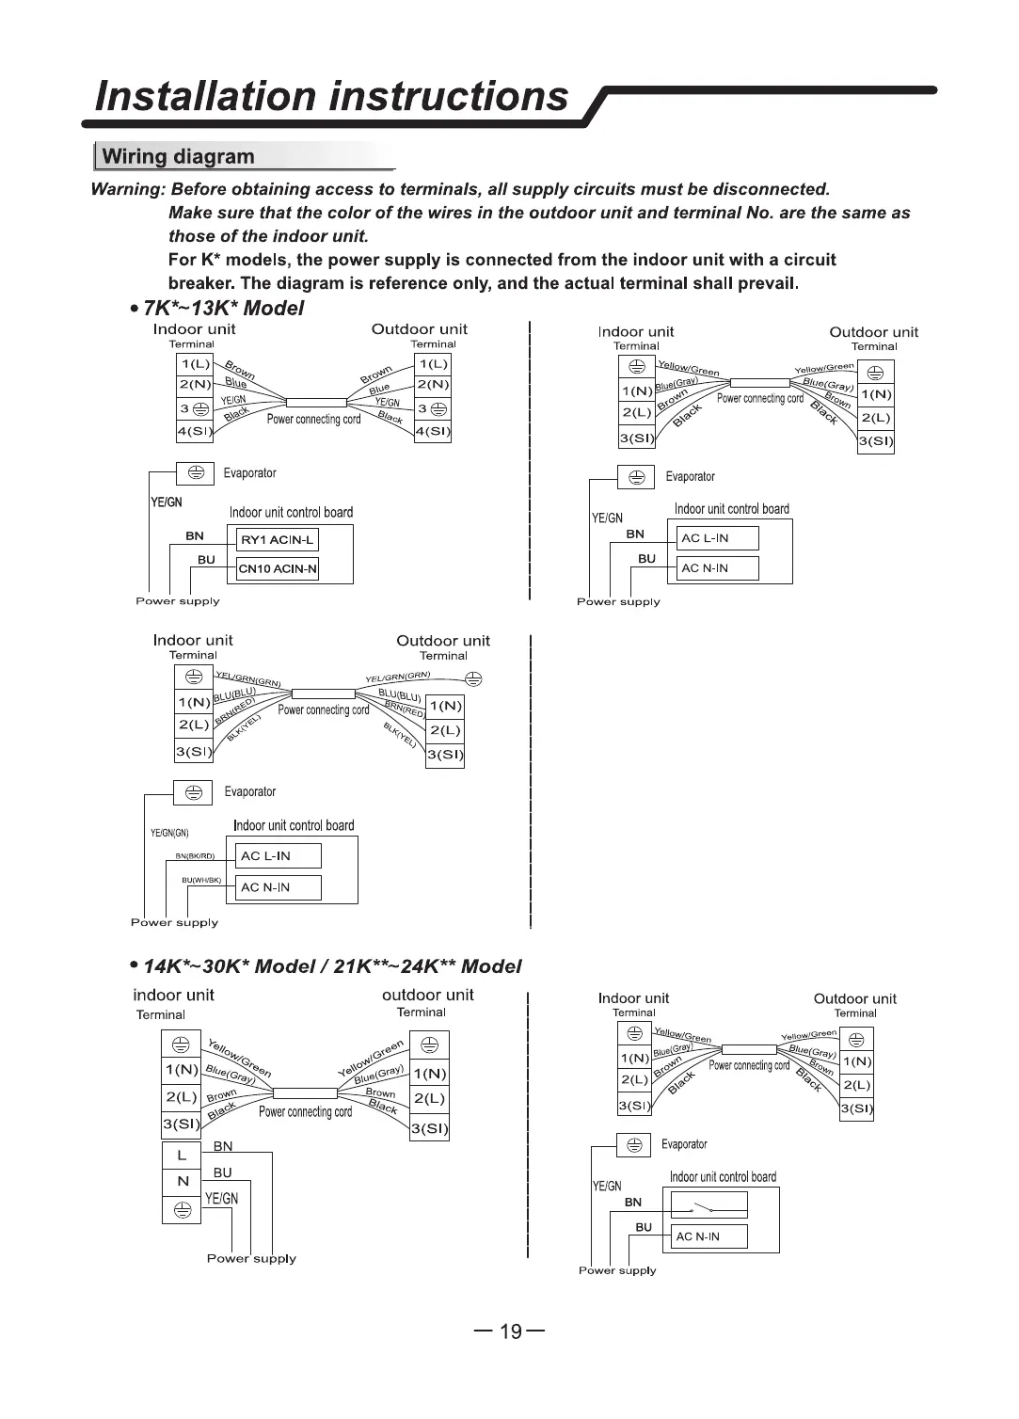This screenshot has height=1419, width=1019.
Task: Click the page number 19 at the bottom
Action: click(510, 1331)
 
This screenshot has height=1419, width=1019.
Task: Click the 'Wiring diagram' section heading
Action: click(178, 156)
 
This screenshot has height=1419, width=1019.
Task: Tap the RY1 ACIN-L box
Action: click(277, 539)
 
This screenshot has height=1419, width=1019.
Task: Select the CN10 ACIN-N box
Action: click(278, 568)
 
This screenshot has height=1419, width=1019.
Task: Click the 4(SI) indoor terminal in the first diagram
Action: click(195, 432)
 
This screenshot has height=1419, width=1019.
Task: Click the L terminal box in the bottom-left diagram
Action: click(182, 1155)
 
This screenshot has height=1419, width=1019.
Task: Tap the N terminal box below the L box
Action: click(182, 1181)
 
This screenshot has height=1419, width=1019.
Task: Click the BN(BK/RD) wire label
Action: click(195, 856)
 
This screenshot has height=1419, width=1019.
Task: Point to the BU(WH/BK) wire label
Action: click(201, 880)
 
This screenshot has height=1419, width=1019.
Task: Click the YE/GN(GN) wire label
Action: click(169, 833)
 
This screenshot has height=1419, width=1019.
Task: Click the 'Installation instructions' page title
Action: click(333, 96)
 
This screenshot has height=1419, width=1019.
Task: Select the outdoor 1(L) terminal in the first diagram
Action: click(433, 364)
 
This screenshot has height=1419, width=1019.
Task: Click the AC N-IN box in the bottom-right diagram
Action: click(710, 1236)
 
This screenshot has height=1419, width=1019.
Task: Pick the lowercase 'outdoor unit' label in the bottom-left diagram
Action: click(427, 995)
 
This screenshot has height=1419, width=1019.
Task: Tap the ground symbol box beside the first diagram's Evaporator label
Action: click(196, 473)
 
